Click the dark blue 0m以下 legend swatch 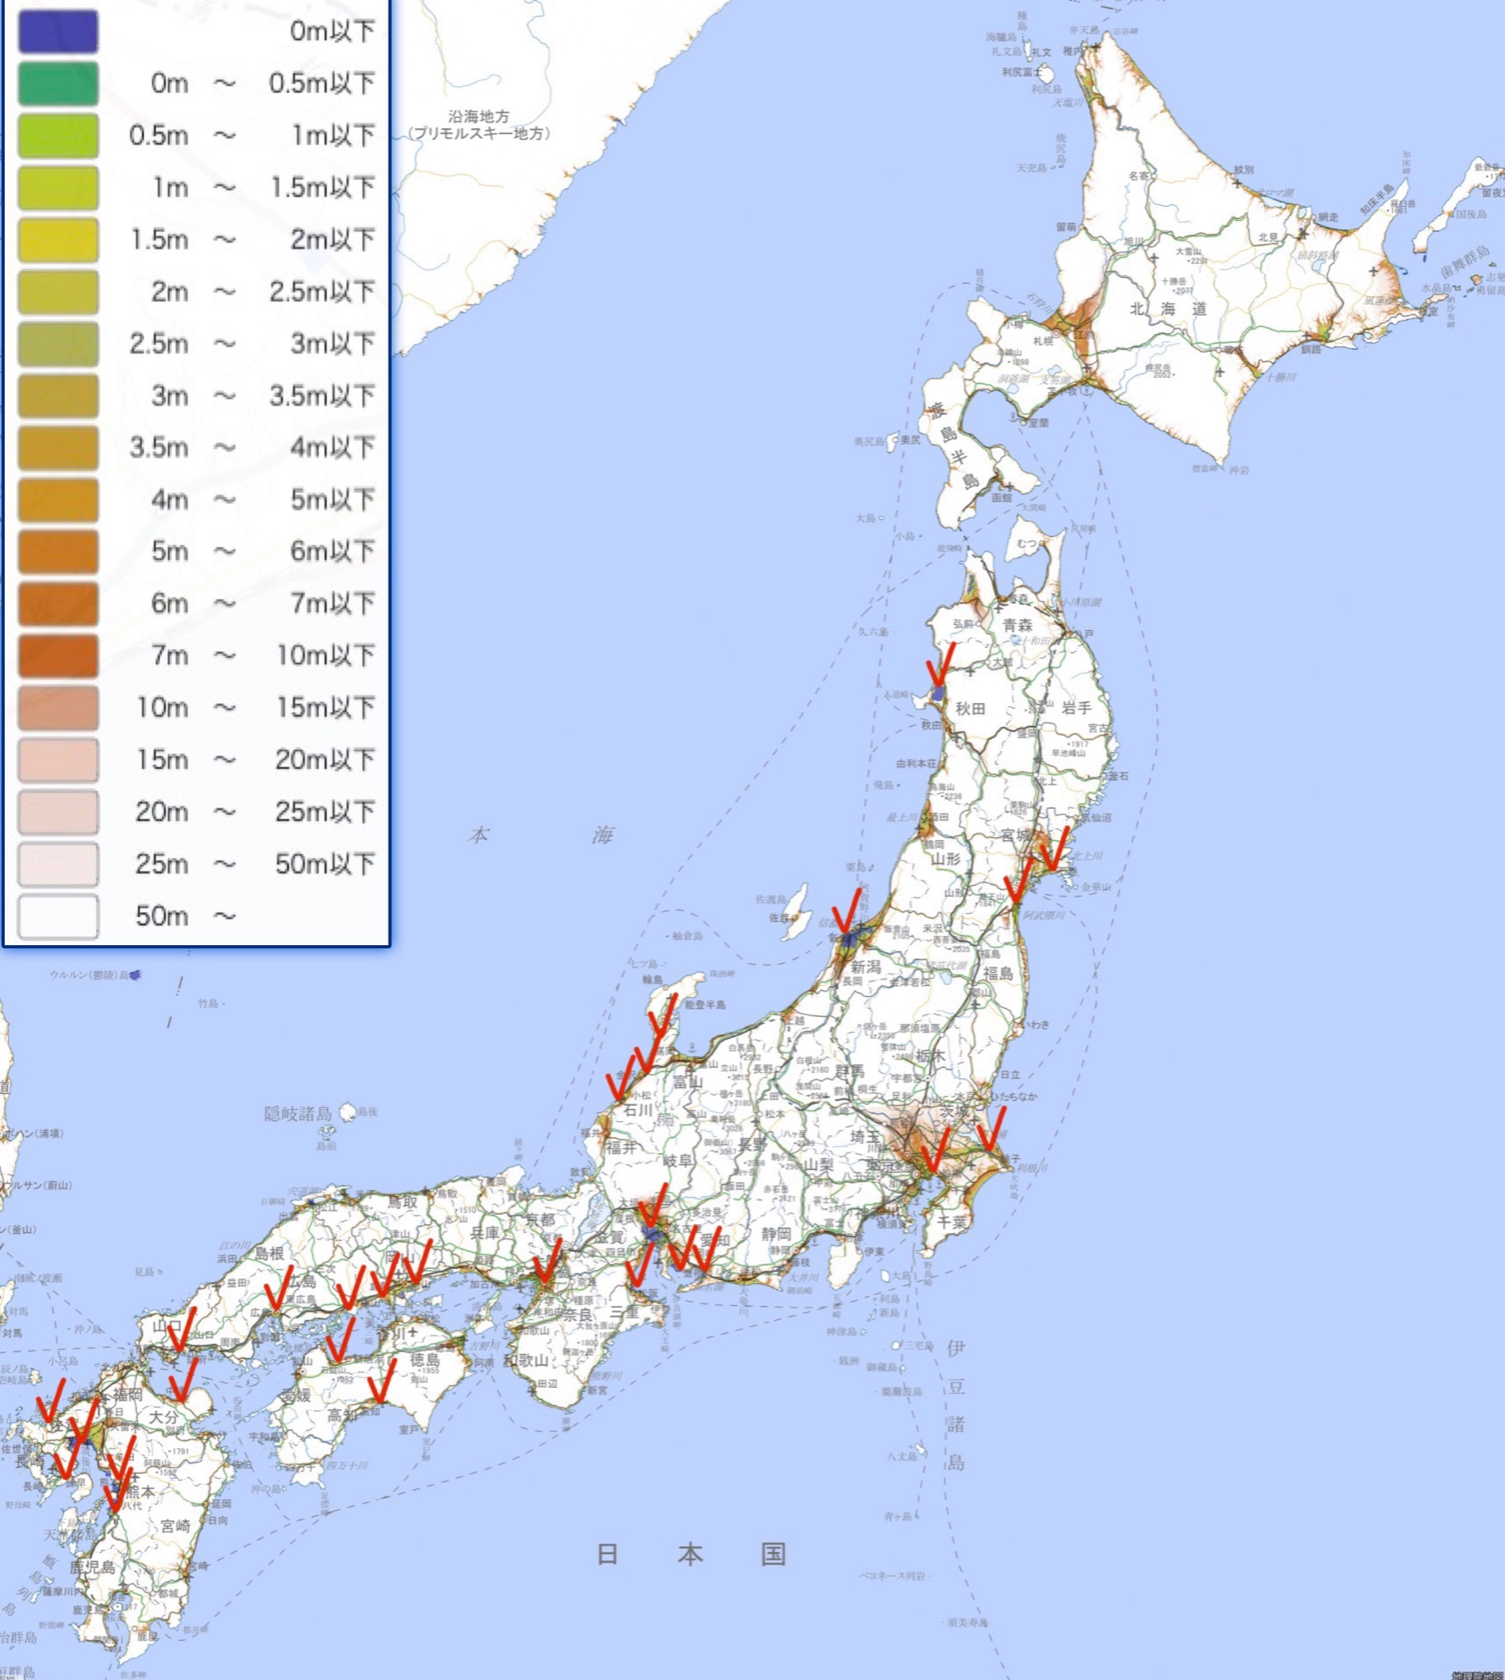click(58, 31)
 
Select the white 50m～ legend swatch click(58, 916)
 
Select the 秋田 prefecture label click(971, 709)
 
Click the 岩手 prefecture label click(1076, 708)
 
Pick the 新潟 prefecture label click(866, 966)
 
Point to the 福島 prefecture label click(998, 973)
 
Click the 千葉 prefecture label click(951, 1221)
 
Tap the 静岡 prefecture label click(776, 1234)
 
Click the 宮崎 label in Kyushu click(175, 1526)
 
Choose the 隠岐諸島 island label click(299, 1114)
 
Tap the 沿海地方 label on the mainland click(479, 116)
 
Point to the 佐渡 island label click(779, 918)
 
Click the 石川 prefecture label click(638, 1110)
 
